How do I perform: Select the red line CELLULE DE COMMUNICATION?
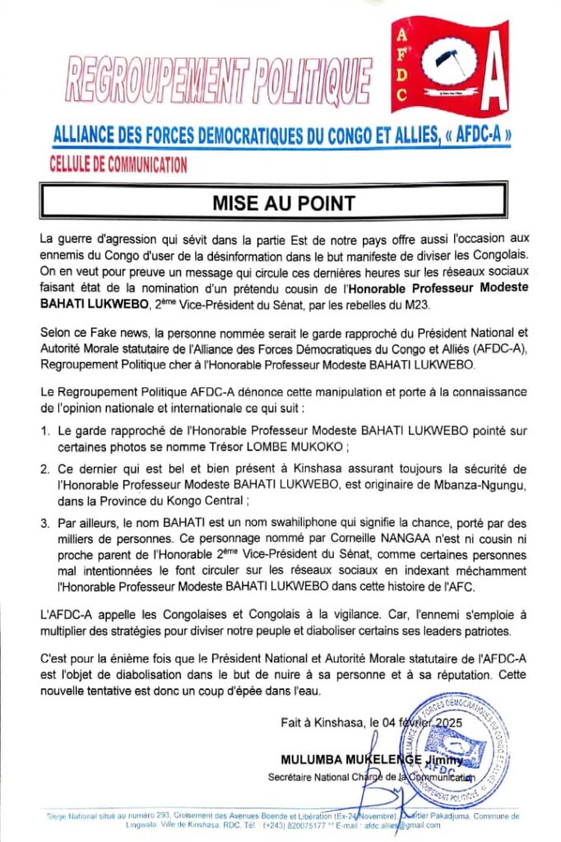pyautogui.click(x=118, y=164)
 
